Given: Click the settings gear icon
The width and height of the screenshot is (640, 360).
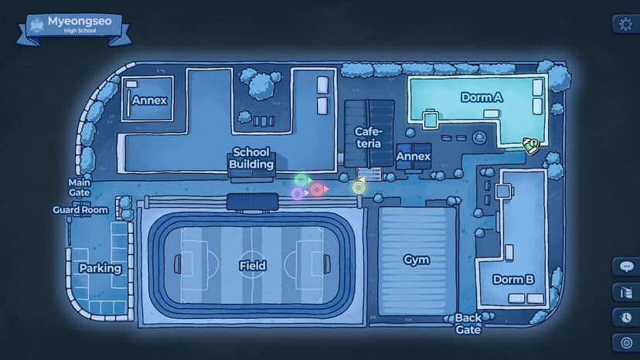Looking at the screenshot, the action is pyautogui.click(x=625, y=24).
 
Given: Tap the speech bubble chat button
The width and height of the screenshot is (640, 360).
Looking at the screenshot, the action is pyautogui.click(x=626, y=267).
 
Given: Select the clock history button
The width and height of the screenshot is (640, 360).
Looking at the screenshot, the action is pyautogui.click(x=626, y=318).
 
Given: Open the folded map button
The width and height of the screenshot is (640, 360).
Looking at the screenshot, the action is pyautogui.click(x=626, y=292).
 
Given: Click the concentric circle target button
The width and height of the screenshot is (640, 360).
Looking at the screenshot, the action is pyautogui.click(x=626, y=342).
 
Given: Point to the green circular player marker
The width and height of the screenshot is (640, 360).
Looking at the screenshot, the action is pyautogui.click(x=302, y=180).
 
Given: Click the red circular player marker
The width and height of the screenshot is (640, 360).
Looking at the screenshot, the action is pyautogui.click(x=318, y=189).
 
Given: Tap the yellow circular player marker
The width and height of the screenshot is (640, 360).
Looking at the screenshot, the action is pyautogui.click(x=359, y=187).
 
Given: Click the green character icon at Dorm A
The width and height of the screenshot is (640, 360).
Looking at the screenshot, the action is pyautogui.click(x=530, y=145).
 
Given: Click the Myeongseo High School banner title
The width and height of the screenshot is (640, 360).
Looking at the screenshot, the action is pyautogui.click(x=80, y=25).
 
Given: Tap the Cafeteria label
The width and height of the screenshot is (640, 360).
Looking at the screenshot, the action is pyautogui.click(x=369, y=138).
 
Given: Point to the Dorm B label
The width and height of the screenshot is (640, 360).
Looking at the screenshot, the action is pyautogui.click(x=513, y=280).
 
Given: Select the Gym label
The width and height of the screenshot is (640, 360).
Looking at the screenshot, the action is pyautogui.click(x=417, y=260).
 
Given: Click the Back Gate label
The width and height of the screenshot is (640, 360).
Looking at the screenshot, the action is pyautogui.click(x=468, y=324).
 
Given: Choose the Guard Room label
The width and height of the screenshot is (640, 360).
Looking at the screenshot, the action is pyautogui.click(x=80, y=210).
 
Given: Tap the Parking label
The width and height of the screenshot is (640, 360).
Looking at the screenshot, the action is pyautogui.click(x=100, y=268).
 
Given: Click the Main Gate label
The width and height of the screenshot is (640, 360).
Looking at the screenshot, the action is pyautogui.click(x=79, y=188).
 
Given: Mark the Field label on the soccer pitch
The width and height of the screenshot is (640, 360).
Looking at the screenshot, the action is pyautogui.click(x=253, y=266).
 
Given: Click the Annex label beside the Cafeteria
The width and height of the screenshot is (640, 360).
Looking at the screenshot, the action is pyautogui.click(x=414, y=156).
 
